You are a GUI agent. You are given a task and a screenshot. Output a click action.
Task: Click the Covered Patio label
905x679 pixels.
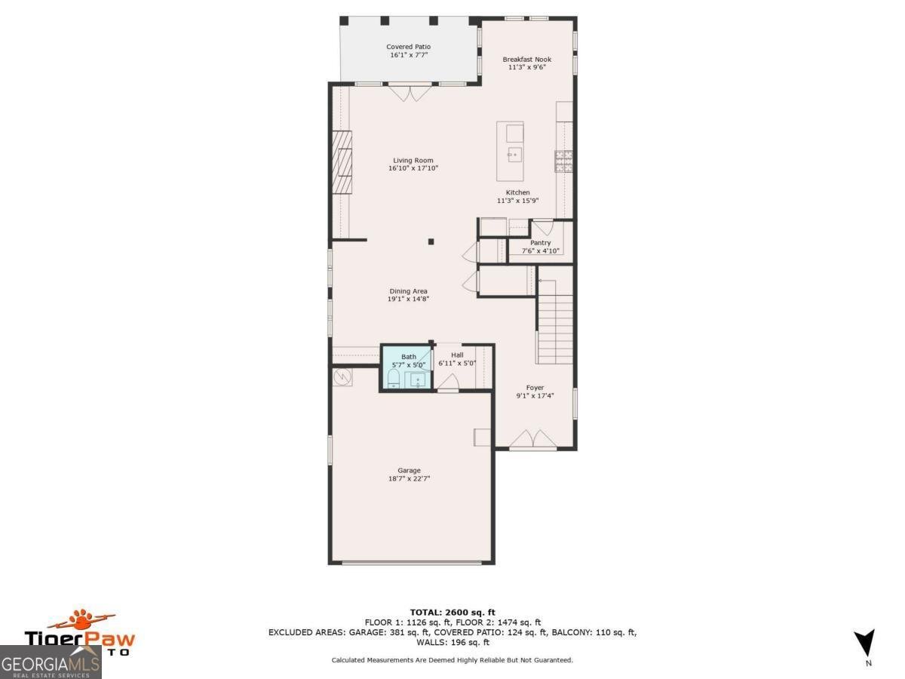(x=409, y=47)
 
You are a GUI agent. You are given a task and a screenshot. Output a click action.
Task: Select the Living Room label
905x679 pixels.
(x=413, y=160)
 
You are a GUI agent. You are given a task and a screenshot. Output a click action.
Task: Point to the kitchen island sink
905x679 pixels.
(x=515, y=155)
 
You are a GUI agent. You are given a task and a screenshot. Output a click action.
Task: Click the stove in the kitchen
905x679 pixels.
(x=563, y=161)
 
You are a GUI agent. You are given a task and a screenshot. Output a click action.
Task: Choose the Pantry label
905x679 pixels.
(x=540, y=243)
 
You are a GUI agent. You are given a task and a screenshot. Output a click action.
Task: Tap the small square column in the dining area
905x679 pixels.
(x=431, y=241)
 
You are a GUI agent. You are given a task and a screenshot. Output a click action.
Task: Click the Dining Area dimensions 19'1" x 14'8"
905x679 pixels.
(x=408, y=300)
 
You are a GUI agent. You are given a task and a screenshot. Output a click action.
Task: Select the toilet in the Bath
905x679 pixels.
(x=394, y=378)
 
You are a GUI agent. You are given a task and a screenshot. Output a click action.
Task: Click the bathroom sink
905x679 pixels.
(x=418, y=379)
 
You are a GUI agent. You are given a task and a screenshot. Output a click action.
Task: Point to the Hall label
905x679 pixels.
(x=457, y=355)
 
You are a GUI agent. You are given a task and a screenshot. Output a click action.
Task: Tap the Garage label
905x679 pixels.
(x=410, y=470)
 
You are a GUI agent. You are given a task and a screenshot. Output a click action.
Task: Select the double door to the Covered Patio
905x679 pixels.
(x=410, y=92)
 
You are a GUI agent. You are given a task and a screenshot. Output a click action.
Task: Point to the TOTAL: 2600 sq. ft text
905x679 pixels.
(x=452, y=612)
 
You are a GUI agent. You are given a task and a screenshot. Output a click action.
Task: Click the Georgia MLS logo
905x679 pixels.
(x=51, y=662)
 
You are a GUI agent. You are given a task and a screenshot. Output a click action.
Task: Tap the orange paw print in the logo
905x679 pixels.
(x=80, y=620)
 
